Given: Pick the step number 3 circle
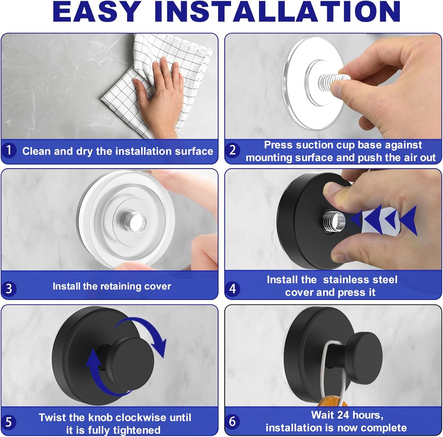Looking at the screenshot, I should (9, 288).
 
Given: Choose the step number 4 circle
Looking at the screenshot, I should (232, 288).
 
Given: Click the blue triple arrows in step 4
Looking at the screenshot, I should (384, 220).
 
